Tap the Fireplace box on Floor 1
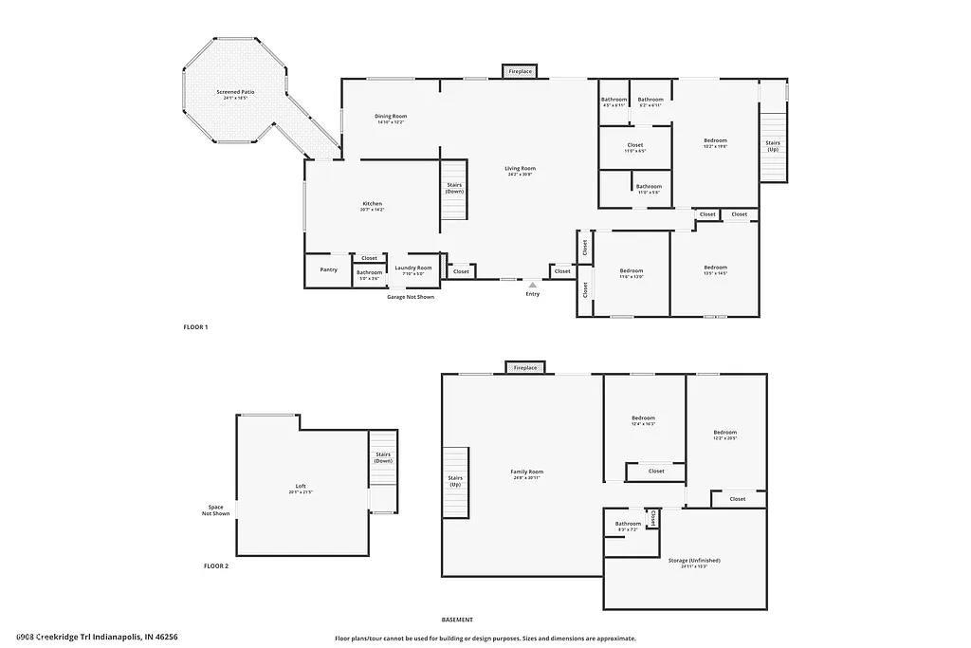tap(520, 71)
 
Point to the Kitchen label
tap(372, 205)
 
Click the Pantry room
tap(328, 269)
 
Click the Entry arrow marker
tap(533, 284)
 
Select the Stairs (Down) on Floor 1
tap(454, 189)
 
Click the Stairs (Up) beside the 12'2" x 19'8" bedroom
tap(773, 146)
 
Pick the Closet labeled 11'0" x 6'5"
tap(634, 147)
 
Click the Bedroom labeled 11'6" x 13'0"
tap(632, 272)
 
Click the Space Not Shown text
tap(215, 509)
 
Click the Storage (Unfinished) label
tap(687, 562)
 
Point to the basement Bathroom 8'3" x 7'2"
tap(628, 526)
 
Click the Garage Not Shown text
tap(410, 297)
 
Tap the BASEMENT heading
tap(457, 619)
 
